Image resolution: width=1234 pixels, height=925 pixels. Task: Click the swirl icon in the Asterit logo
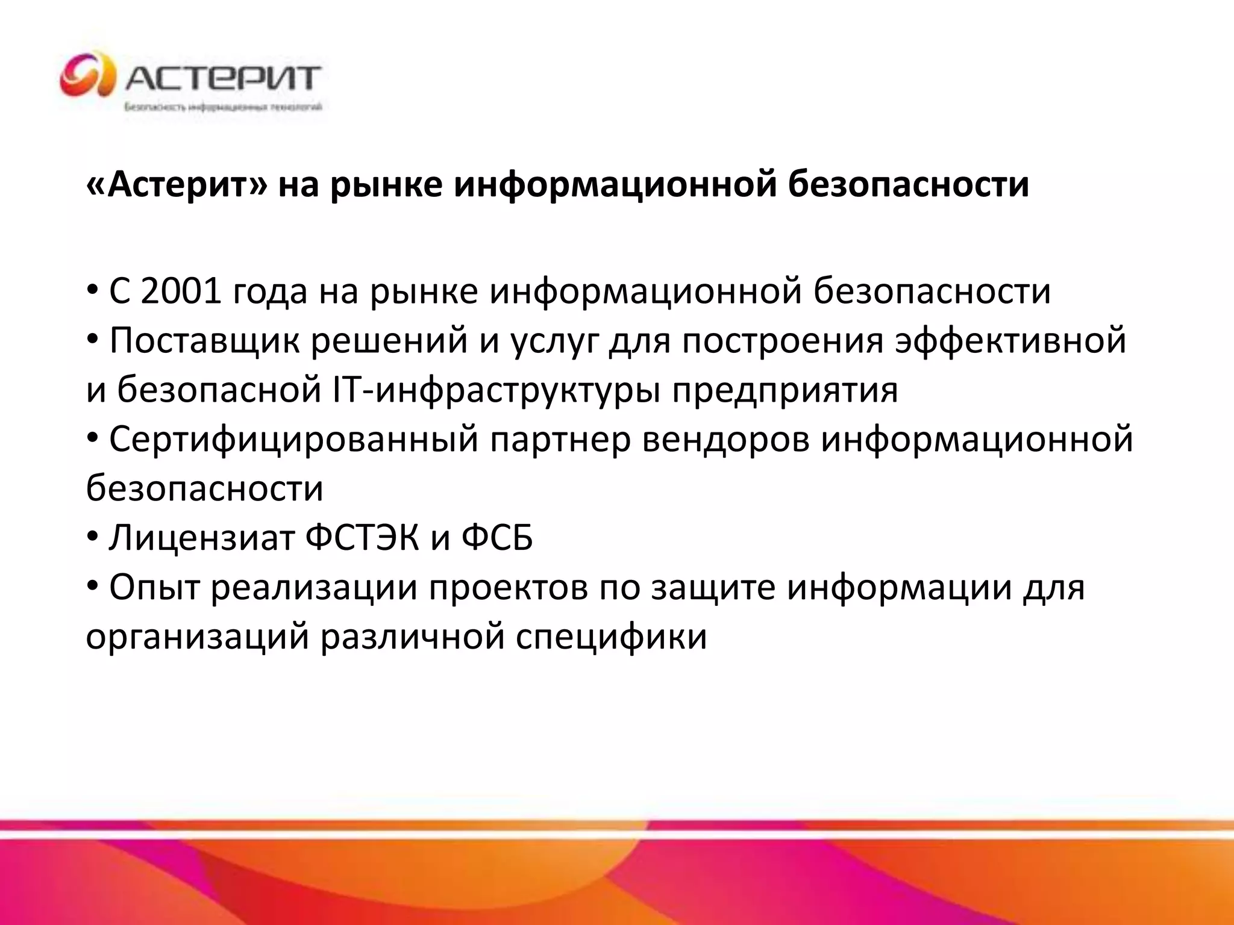tap(87, 75)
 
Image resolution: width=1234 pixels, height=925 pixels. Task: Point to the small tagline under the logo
tap(223, 108)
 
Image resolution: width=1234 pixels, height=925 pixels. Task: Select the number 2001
tap(181, 291)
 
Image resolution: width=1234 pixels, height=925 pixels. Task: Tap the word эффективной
tap(1010, 341)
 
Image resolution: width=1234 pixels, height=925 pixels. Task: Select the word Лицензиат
tap(201, 538)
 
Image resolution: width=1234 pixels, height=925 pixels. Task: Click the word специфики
tap(611, 637)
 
